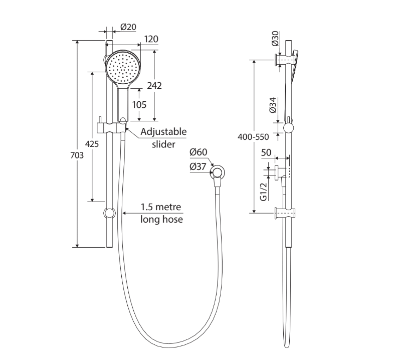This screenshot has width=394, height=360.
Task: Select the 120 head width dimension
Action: tap(151, 40)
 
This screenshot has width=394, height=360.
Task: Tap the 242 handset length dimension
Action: tap(154, 86)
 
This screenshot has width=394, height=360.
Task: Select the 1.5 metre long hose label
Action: tap(161, 213)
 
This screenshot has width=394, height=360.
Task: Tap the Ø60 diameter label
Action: tap(199, 152)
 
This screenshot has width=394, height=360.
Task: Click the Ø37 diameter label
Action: tap(199, 167)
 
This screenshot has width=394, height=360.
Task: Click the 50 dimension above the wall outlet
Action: tap(267, 152)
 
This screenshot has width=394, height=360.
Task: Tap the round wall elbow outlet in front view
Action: tap(218, 173)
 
